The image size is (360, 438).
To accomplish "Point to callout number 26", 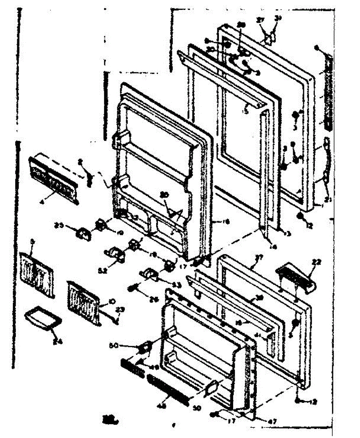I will [155, 300].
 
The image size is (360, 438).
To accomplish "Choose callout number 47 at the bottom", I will [273, 421].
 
